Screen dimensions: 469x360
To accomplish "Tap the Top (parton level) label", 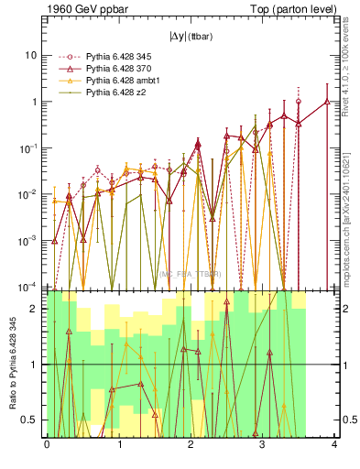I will pos(290,9).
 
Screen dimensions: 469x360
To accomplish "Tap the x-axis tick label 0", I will pos(47,446).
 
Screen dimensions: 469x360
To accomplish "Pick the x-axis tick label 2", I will pos(191,446).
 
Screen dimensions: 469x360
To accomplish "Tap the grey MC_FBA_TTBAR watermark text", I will pos(190,274).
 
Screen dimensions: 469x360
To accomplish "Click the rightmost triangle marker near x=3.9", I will pos(327,102).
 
